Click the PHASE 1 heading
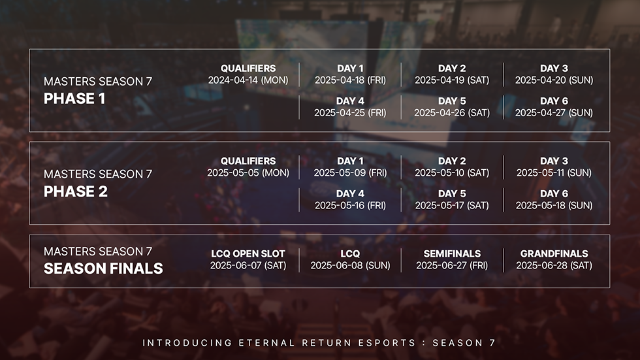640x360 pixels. tap(74, 99)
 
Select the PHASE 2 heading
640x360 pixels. tap(76, 191)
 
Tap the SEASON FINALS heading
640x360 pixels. tap(103, 269)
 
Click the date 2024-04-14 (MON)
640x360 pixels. tap(248, 80)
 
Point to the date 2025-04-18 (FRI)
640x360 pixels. tap(350, 80)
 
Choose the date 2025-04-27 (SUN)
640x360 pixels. tap(554, 112)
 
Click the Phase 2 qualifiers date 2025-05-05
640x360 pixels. tap(248, 172)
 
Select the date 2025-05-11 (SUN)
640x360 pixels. tap(554, 172)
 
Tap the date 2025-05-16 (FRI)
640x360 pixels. tap(350, 205)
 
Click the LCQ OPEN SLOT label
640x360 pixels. tap(248, 254)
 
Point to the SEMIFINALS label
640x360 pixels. tap(452, 254)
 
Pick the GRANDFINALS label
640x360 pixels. tap(554, 254)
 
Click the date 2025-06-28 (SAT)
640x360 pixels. tap(554, 265)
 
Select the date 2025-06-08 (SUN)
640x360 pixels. tap(350, 265)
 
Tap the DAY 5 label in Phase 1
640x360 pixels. tap(452, 101)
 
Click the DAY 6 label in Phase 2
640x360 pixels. tap(554, 193)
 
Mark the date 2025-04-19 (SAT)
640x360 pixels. tap(452, 80)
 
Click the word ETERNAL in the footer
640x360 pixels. tap(266, 343)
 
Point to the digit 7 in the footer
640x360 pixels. tap(492, 343)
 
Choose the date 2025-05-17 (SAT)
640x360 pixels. tap(452, 205)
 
